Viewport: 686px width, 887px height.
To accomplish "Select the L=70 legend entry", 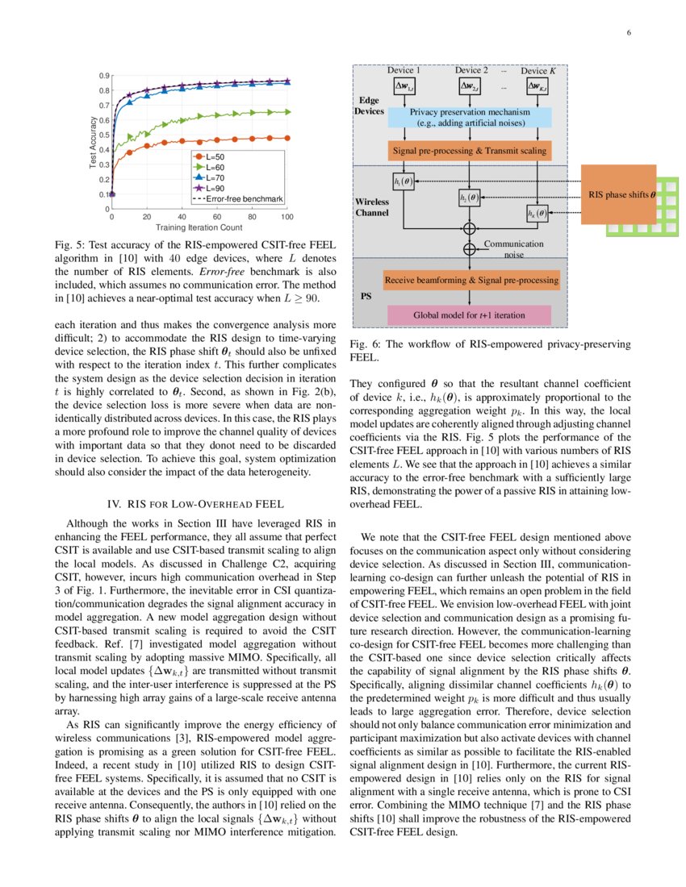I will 214,176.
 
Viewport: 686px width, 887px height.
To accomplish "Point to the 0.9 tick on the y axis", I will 105,76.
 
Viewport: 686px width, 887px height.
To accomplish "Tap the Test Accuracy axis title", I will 93,143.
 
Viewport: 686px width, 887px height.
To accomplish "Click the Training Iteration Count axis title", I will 199,228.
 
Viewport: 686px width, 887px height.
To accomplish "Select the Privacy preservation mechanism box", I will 470,118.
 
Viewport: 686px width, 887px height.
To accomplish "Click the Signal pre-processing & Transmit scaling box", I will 470,151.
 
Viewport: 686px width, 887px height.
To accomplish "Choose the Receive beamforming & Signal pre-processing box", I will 470,281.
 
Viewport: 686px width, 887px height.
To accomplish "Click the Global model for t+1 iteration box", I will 470,315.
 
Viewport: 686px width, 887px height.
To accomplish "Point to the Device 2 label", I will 471,71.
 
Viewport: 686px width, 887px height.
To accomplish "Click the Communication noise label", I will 513,248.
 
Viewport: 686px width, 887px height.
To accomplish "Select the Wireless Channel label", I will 372,207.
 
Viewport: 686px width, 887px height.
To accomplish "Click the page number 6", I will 627,33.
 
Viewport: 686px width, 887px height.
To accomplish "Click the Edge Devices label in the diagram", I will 370,105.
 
